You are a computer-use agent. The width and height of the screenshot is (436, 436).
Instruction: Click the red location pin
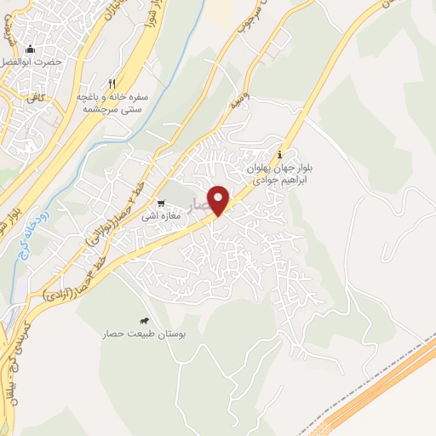pyautogui.click(x=220, y=199)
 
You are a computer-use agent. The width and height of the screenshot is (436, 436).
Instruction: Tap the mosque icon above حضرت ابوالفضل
pyautogui.click(x=32, y=49)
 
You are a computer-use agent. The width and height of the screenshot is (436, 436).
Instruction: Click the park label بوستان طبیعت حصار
pyautogui.click(x=140, y=335)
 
